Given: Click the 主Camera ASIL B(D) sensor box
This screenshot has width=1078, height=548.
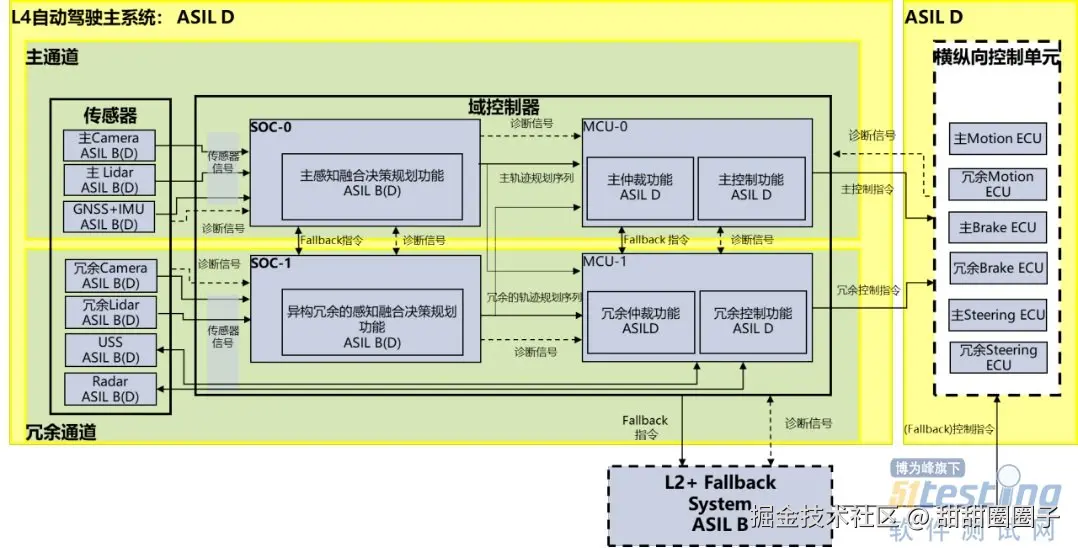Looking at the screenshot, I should (x=109, y=145).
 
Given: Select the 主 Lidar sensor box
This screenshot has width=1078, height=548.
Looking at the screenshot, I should (x=109, y=180).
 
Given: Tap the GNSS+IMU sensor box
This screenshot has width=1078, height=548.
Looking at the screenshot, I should (x=109, y=217).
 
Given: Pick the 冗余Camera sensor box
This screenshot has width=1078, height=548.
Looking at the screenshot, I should (x=109, y=276).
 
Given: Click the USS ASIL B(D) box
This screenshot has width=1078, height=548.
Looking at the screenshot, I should (x=109, y=349).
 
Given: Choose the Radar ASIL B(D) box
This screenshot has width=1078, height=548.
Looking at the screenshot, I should (x=109, y=389).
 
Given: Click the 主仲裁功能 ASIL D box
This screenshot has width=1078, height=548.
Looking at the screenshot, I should (x=640, y=187).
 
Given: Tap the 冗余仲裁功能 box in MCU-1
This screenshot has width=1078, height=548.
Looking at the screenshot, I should (x=640, y=320).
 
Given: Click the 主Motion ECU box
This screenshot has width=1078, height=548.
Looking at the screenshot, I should (x=997, y=139).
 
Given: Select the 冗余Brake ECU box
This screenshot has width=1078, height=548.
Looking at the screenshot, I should (x=997, y=268).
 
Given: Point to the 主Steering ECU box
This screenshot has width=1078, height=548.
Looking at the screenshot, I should (x=997, y=315).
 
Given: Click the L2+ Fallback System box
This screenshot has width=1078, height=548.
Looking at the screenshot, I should (x=719, y=503).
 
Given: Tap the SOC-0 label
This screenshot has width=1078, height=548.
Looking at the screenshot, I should (x=273, y=127).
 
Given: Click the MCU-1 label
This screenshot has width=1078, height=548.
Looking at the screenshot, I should (x=607, y=261).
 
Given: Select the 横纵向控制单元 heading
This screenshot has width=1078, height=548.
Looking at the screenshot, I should (x=995, y=57).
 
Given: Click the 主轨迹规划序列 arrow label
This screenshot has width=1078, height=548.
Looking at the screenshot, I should (x=536, y=177).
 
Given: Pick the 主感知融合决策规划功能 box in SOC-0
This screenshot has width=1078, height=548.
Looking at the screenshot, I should (x=371, y=183).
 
